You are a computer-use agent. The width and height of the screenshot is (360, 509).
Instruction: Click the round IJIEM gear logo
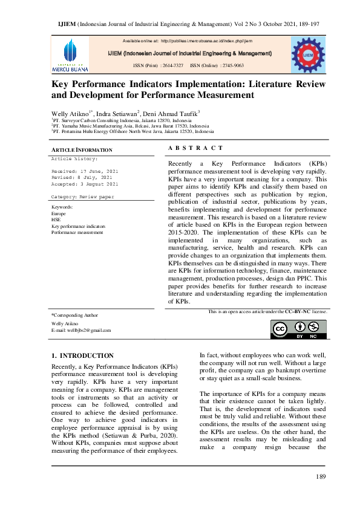pos(307,54)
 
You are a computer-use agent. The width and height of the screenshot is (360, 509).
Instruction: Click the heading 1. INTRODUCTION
pos(83,355)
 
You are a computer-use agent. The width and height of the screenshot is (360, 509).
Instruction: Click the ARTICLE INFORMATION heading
pos(82,149)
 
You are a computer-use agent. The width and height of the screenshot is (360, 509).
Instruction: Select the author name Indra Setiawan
pos(119,113)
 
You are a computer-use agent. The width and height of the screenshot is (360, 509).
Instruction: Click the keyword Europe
pos(59,214)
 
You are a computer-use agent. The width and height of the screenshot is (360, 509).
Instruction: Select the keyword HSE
pos(56,220)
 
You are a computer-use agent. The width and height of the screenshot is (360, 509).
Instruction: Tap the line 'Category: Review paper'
pos(82,197)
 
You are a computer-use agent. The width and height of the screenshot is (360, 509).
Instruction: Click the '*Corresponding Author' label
pos(75,315)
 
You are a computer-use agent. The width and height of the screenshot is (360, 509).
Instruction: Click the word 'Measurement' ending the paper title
pos(220,95)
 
